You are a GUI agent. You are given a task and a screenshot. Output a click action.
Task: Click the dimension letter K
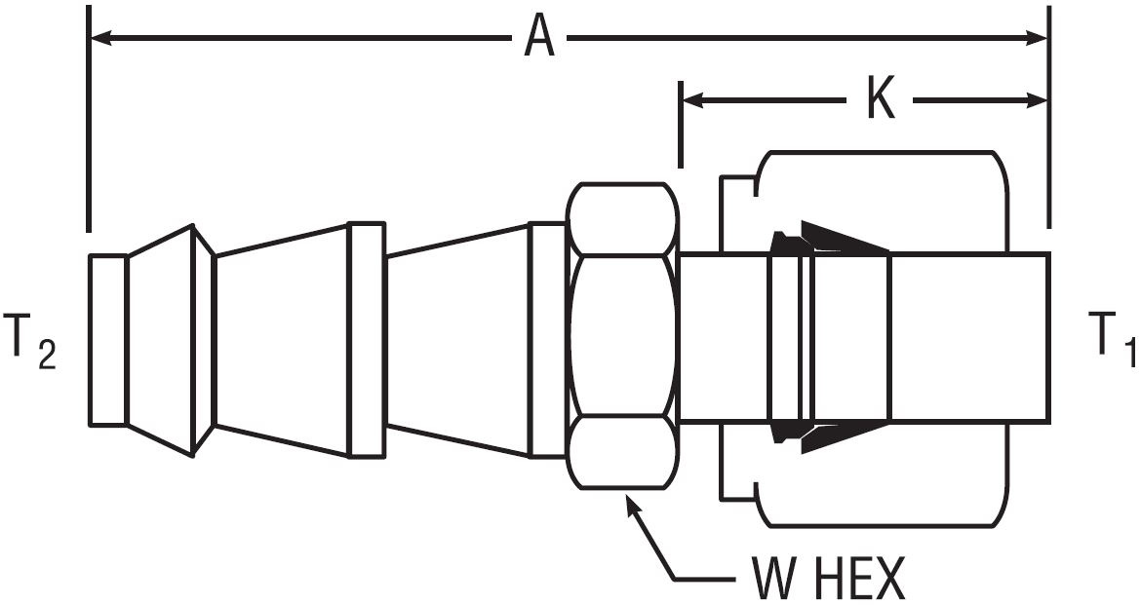coord(881,100)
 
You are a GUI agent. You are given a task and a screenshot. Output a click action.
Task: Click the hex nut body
coord(623,336)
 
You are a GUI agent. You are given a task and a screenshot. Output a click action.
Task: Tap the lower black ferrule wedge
coord(844,438)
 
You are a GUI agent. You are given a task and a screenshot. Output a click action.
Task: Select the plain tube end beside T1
coord(970,338)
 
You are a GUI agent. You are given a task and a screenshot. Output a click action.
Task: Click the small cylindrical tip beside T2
coord(107,340)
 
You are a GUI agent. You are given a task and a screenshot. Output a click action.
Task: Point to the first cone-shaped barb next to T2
coord(161,340)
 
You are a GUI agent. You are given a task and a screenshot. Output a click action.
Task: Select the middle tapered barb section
coord(281,340)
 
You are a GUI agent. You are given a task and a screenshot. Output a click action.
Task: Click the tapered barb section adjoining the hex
coord(457,340)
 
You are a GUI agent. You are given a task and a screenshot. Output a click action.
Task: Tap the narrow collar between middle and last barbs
coord(367,340)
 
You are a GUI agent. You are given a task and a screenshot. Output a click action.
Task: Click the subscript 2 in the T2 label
coord(46,355)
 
